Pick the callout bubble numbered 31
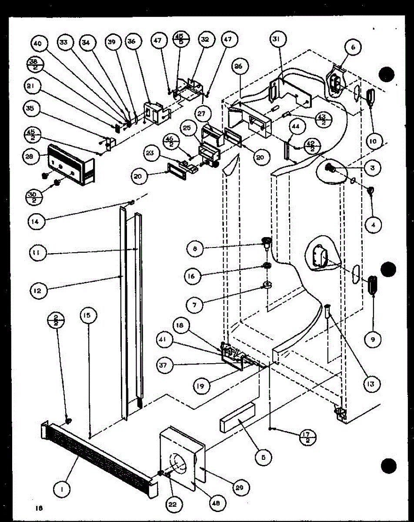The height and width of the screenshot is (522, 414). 276,40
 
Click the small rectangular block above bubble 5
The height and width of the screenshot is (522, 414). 237,417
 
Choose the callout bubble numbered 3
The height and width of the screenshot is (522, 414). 373,167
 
